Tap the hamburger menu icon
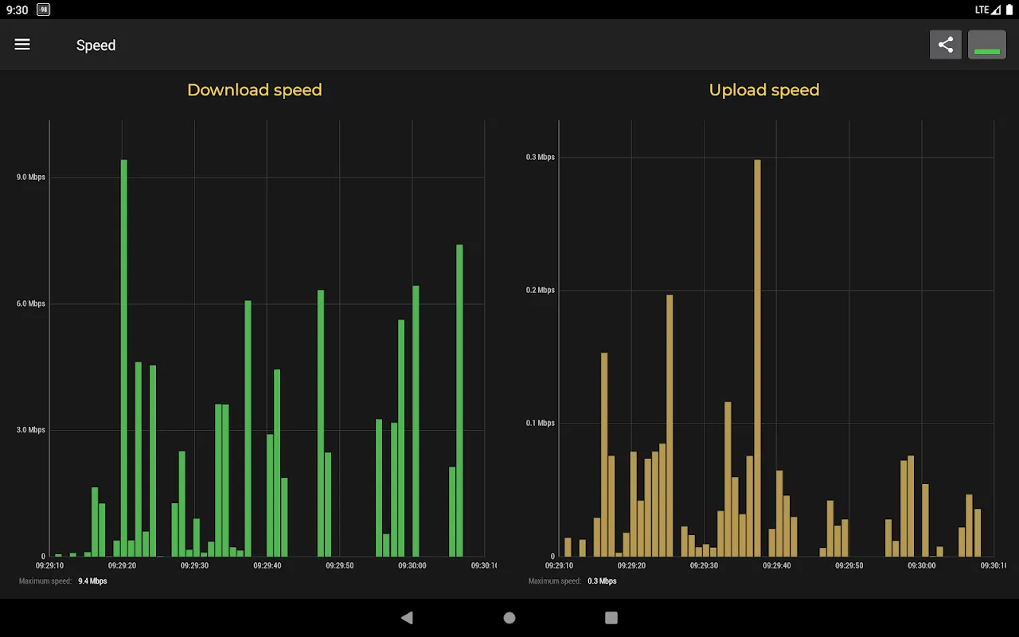click(x=22, y=45)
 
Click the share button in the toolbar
click(x=946, y=45)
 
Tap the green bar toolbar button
click(x=986, y=45)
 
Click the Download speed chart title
click(x=255, y=90)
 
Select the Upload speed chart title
click(x=763, y=90)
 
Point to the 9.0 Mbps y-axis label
click(x=31, y=177)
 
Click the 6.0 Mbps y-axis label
click(x=31, y=303)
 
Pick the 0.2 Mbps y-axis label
click(x=540, y=290)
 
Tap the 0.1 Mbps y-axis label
click(x=540, y=423)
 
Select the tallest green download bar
click(x=124, y=358)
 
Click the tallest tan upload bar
click(x=757, y=358)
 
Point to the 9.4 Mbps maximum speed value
click(x=92, y=581)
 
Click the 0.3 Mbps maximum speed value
click(x=602, y=581)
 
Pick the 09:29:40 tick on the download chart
click(x=267, y=565)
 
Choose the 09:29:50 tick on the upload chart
click(x=849, y=565)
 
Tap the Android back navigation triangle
click(x=407, y=618)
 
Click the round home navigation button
click(x=509, y=618)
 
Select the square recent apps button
click(x=611, y=618)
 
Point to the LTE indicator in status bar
click(x=982, y=10)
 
